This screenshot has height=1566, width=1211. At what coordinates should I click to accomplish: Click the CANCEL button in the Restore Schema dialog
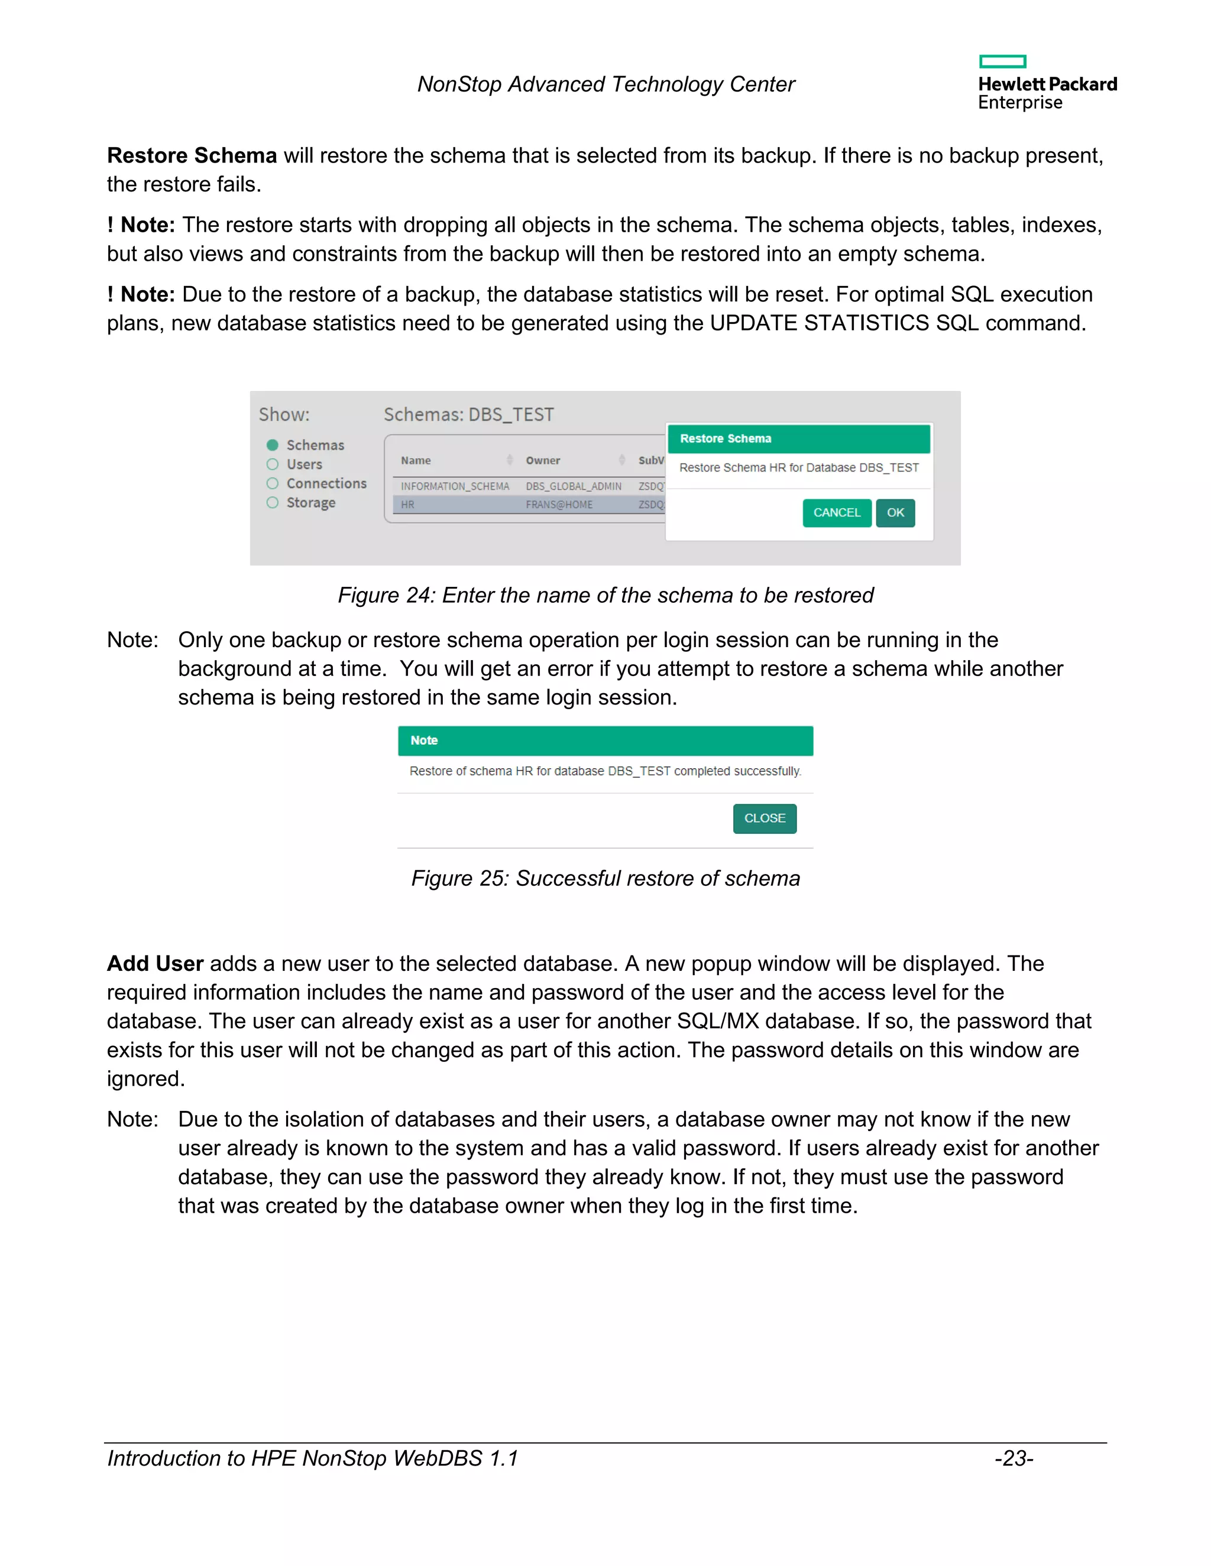(837, 513)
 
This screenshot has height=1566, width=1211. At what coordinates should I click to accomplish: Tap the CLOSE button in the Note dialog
(764, 818)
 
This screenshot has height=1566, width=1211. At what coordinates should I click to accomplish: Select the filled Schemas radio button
(273, 446)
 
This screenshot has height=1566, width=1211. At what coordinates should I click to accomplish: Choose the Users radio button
(273, 464)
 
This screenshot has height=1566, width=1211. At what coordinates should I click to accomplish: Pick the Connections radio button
(273, 483)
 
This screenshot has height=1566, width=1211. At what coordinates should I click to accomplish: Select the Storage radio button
(273, 503)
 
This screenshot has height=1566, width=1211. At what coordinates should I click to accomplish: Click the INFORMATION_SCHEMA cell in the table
(455, 486)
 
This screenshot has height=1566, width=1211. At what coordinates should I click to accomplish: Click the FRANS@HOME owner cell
(559, 505)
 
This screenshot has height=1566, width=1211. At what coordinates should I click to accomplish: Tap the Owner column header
(543, 460)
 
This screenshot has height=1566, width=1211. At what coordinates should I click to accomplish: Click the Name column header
(416, 460)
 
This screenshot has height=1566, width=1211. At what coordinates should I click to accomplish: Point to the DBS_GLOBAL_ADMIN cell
(573, 486)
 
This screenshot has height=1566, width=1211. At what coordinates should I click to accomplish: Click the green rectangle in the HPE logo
(1002, 61)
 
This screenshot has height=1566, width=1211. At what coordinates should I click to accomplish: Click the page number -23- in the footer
(1014, 1458)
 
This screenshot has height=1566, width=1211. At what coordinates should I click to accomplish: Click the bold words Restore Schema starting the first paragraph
(192, 155)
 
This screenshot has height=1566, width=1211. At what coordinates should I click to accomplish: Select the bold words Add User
(155, 964)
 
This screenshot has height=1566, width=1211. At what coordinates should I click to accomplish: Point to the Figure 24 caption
(605, 595)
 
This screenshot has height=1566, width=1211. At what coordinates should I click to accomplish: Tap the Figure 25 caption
(605, 878)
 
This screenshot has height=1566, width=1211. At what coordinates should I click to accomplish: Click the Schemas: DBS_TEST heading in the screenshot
(468, 414)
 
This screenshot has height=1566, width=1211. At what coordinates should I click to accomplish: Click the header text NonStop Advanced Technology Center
(605, 85)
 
